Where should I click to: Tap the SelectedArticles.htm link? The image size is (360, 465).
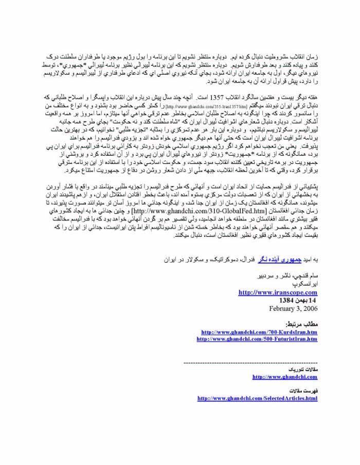point(257,399)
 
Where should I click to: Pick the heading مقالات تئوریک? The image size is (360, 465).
point(307,369)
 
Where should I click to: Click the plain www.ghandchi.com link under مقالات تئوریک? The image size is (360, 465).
point(284,377)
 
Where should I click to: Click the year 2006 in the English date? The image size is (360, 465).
point(309,308)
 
